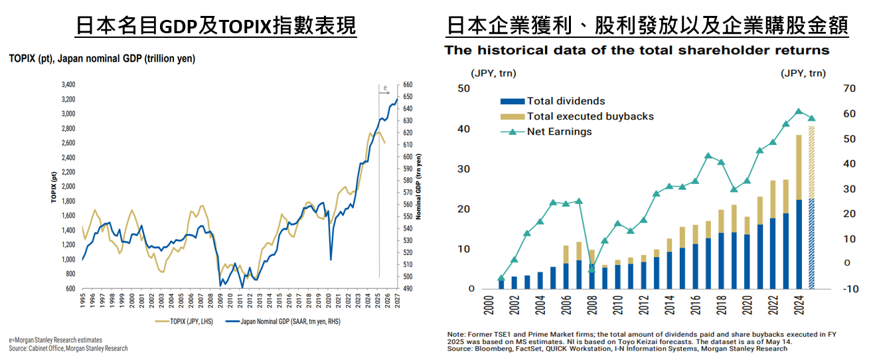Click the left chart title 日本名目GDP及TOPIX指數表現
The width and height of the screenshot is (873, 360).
(216, 26)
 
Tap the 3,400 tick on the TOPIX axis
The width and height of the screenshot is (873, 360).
(68, 85)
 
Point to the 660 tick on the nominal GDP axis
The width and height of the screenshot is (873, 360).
(408, 85)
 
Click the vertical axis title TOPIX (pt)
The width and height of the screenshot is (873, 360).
(52, 187)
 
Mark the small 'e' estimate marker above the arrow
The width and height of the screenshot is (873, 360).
(386, 88)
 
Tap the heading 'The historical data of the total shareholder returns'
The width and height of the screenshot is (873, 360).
(637, 50)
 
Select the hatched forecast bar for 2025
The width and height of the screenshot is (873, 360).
(811, 213)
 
